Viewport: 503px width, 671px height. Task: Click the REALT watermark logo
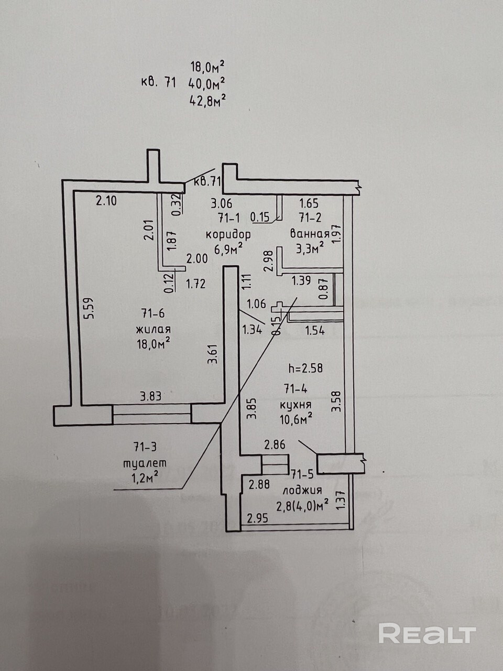427,634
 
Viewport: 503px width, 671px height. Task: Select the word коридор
228,234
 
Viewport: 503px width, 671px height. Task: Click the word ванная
311,235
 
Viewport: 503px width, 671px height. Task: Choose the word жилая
154,330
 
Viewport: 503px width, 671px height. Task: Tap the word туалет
144,463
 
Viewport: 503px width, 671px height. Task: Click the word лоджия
302,491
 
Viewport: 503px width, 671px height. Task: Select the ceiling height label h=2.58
305,369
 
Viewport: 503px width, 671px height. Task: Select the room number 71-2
309,217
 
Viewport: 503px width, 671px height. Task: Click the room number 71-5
302,475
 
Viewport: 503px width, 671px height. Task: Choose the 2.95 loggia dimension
257,519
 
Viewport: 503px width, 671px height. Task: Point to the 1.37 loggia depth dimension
341,500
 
